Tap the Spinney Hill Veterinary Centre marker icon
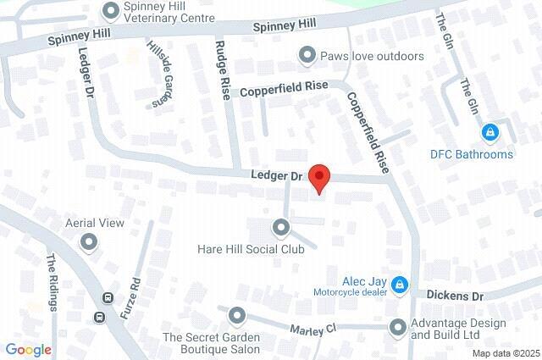tap(109, 11)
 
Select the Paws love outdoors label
tap(371, 57)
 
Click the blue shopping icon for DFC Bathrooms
tap(489, 133)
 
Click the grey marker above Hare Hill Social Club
tap(280, 228)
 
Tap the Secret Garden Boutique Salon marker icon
tap(236, 316)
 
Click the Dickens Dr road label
tap(454, 296)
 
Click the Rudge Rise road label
tap(223, 69)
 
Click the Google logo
tap(28, 349)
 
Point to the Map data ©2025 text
tap(505, 353)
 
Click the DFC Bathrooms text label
tap(471, 154)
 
